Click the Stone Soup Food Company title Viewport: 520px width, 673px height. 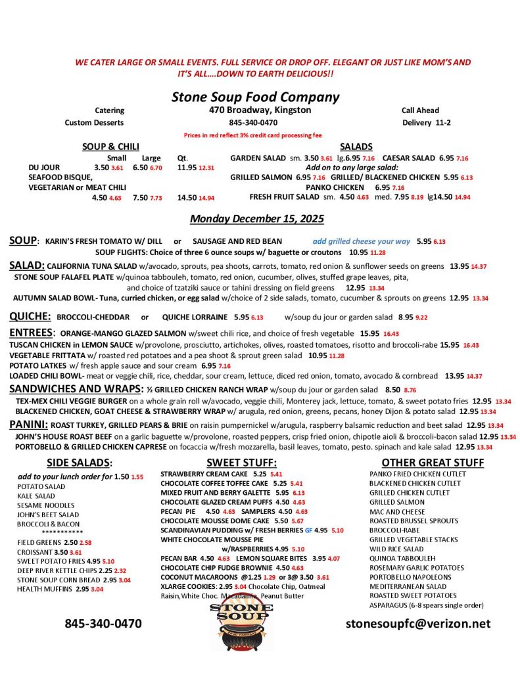point(255,97)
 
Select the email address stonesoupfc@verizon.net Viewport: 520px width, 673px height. point(417,623)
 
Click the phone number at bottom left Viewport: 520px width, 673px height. point(103,623)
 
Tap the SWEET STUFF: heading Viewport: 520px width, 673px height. point(241,463)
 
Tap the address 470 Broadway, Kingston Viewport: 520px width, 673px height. point(260,110)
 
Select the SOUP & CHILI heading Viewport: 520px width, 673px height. point(110,147)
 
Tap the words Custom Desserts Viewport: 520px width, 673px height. point(94,122)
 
